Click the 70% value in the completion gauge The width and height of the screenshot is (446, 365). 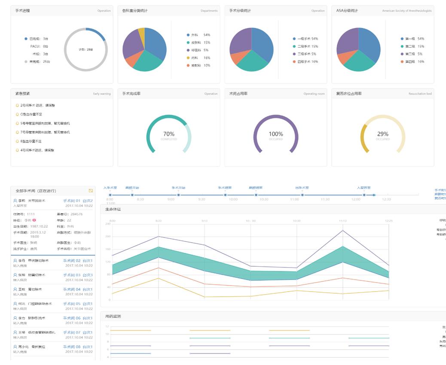(x=169, y=134)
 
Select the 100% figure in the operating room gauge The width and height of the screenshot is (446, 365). (x=275, y=134)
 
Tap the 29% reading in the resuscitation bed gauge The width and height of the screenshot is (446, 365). (x=382, y=134)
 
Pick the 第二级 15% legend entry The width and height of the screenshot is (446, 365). (x=413, y=46)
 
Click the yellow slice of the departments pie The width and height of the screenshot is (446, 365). (x=141, y=33)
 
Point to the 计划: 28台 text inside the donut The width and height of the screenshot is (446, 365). (x=86, y=50)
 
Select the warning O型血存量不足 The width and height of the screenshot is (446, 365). (x=31, y=114)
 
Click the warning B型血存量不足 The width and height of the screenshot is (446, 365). (x=31, y=141)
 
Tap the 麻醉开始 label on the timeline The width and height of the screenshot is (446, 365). (x=132, y=188)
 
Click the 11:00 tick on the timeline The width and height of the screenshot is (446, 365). (x=294, y=199)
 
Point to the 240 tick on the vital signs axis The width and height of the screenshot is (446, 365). (x=108, y=224)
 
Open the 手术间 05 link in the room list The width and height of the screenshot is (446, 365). (x=72, y=304)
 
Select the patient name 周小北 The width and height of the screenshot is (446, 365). (x=23, y=347)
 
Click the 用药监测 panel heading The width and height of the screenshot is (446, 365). (x=113, y=316)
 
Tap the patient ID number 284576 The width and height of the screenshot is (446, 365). (x=77, y=214)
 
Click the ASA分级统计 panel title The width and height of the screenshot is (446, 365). (x=347, y=11)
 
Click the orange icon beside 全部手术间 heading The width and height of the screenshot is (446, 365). (x=91, y=191)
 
